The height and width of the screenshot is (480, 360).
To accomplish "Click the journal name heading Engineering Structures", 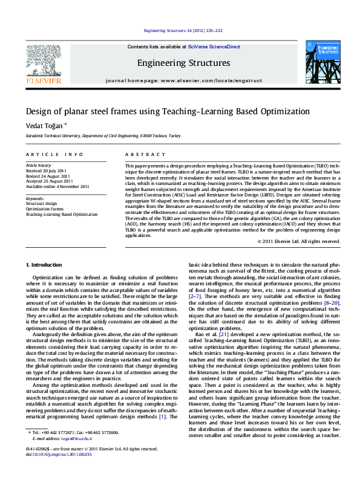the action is click(x=183, y=63).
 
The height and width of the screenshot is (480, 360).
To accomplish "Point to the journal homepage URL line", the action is click(x=183, y=80).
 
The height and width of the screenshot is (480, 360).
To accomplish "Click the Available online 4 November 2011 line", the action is click(x=57, y=187).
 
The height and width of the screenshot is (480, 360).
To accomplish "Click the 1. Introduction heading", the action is click(x=45, y=265).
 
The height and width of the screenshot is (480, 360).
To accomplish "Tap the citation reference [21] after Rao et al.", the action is click(x=224, y=333).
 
